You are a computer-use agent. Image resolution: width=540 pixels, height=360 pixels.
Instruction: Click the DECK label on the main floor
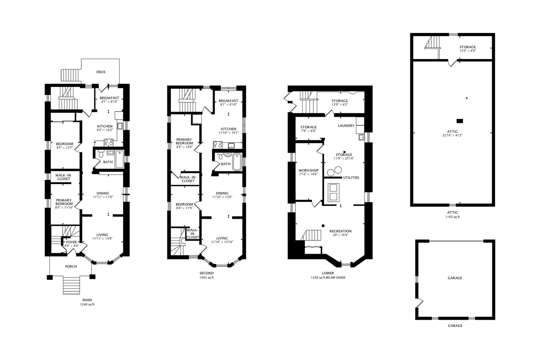pos(101,72)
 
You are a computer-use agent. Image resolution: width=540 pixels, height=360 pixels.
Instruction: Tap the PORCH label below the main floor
pos(71,266)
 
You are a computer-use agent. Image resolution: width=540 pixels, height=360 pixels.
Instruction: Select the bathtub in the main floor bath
pos(119,159)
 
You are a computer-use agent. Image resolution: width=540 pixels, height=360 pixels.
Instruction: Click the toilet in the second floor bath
pos(220,156)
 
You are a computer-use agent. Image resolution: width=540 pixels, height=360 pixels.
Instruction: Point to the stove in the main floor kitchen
pos(108,143)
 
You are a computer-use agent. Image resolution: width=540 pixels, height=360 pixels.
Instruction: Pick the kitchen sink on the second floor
pos(231,145)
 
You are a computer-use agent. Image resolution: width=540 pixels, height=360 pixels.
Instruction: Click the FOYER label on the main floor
pos(71,242)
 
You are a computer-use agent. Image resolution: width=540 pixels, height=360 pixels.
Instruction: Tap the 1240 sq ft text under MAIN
pos(87,304)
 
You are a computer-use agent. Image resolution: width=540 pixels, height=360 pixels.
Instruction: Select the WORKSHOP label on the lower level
pos(309,170)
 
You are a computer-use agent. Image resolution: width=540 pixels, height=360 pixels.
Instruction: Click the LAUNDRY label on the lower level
pos(346,126)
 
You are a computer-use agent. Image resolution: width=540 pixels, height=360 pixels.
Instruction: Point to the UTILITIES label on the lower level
pos(351,177)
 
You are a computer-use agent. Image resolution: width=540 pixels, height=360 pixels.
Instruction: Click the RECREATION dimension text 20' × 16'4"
pos(340,235)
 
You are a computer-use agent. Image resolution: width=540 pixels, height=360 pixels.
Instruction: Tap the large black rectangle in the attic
pos(460,121)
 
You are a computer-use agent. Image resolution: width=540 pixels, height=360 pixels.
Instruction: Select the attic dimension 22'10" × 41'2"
pos(452,135)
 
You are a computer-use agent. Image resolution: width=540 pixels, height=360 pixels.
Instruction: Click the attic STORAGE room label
pos(467,47)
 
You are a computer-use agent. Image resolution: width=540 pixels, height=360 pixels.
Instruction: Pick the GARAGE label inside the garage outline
pos(455,278)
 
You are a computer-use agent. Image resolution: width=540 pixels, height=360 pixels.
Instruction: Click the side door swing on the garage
pos(419,303)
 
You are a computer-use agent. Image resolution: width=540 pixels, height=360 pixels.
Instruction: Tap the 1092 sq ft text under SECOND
pos(206,278)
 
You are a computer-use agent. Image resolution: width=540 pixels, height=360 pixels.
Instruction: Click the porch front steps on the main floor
pos(71,285)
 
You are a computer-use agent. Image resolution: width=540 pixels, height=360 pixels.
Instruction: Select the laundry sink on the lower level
pos(361,137)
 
